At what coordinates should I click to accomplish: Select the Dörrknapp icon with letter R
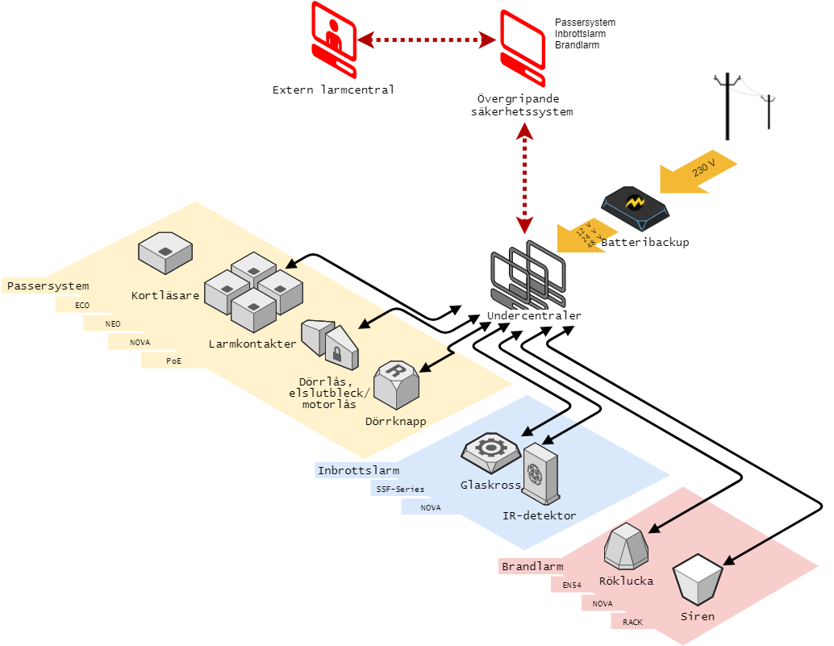point(396,385)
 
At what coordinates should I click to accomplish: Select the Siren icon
point(698,580)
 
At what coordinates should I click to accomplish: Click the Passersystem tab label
point(48,285)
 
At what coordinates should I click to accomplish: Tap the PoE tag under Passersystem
point(173,361)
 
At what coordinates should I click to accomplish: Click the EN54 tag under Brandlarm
point(572,585)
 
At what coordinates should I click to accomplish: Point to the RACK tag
point(632,622)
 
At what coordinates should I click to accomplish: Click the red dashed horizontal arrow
point(427,39)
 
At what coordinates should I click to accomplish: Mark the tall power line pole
point(729,105)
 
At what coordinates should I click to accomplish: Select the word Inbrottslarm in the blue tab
point(358,470)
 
